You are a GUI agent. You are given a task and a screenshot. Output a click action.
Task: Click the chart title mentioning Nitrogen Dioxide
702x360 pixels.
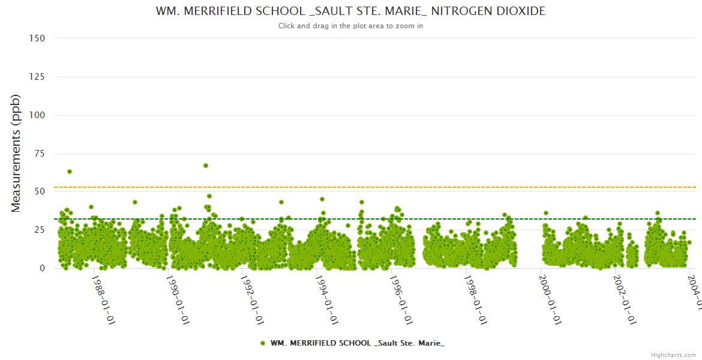[x=351, y=11]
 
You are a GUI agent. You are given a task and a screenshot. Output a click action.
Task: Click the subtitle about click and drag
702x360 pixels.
[x=351, y=26]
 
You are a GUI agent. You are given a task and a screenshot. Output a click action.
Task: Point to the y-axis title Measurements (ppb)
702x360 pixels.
[x=16, y=153]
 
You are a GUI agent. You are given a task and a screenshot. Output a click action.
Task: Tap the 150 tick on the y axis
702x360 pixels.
[x=37, y=38]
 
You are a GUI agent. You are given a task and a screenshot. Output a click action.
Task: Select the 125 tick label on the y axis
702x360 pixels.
[x=37, y=77]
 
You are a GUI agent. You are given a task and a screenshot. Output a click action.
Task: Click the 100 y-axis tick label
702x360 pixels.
[x=37, y=115]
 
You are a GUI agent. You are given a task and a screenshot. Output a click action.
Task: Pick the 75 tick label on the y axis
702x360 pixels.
[x=39, y=154]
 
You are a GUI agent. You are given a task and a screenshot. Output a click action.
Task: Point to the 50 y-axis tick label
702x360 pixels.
[x=39, y=192]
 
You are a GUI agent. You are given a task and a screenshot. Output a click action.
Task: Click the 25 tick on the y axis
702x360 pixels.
[x=39, y=230]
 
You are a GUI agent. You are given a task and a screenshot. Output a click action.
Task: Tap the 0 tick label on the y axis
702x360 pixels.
[x=42, y=268]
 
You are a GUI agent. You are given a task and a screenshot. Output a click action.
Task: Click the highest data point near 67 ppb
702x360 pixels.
[x=206, y=166]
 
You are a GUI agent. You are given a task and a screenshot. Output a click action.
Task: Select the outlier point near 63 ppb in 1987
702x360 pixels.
[x=70, y=172]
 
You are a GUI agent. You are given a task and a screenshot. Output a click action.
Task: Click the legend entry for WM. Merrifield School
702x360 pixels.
[x=357, y=343]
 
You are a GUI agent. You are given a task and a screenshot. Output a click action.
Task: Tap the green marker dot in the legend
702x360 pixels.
[x=263, y=343]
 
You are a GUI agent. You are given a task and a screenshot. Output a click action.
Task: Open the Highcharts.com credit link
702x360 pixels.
[x=673, y=355]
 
